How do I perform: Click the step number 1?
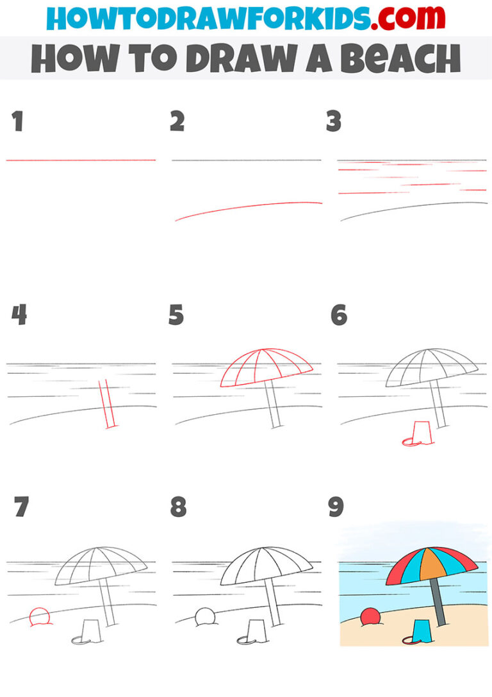(17, 122)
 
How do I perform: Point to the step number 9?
(336, 507)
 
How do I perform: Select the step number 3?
(334, 122)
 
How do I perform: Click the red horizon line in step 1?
(81, 160)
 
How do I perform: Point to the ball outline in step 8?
(206, 616)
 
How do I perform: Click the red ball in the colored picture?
(370, 617)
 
